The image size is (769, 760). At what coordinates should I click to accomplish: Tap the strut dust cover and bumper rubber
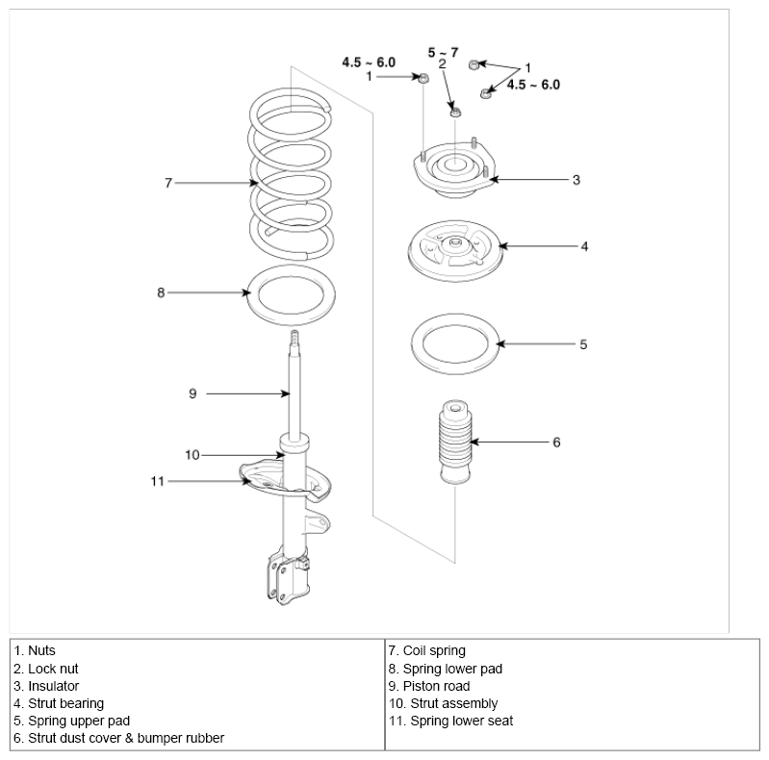(455, 442)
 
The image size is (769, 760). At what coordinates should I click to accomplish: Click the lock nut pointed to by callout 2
(455, 112)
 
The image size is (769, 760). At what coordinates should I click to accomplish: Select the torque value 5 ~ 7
(443, 52)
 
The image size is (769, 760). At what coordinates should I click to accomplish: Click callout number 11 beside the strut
(157, 482)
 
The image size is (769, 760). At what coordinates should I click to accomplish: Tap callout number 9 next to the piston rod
(192, 393)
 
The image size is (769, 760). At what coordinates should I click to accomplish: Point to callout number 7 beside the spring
(168, 183)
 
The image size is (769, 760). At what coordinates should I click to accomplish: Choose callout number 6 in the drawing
(556, 443)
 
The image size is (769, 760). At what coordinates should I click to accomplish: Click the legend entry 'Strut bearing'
(59, 703)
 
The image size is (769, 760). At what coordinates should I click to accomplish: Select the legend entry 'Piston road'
(429, 686)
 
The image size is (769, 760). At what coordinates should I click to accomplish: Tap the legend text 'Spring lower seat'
(450, 721)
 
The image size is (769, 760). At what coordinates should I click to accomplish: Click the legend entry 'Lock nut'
(46, 669)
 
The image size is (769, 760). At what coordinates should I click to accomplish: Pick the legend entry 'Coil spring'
(426, 650)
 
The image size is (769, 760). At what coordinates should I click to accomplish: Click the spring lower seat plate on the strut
(260, 478)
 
